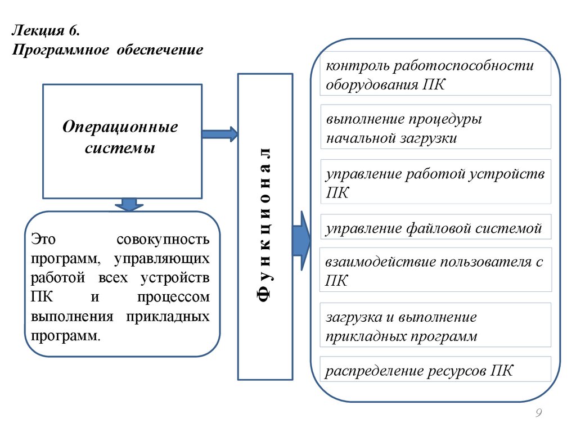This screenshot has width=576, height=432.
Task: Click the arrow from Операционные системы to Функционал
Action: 219,134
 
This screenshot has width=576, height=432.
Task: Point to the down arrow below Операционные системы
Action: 129,204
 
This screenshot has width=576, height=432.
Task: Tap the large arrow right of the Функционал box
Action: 301,241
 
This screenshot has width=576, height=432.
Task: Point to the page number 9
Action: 538,413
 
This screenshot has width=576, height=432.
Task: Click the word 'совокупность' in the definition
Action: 163,240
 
